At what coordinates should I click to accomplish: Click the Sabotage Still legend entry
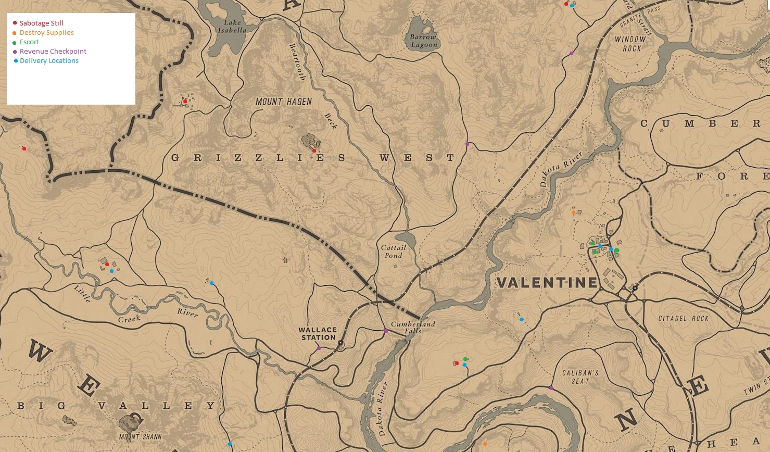41,23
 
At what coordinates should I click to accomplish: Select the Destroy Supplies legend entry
46,32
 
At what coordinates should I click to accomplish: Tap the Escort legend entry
29,42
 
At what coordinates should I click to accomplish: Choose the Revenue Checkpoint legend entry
53,51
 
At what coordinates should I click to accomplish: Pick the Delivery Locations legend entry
49,60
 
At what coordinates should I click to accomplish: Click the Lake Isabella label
232,26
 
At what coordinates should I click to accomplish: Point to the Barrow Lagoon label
423,41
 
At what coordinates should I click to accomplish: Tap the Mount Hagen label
284,102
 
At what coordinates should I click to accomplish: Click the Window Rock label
630,44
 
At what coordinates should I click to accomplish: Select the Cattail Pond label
394,252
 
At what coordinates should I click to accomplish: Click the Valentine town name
547,283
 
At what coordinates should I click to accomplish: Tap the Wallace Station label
318,333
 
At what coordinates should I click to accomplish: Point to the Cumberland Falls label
413,327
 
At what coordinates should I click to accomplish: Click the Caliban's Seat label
580,376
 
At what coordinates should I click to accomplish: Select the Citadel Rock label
683,318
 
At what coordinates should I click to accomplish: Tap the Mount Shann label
140,436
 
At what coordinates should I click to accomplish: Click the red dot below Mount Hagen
314,150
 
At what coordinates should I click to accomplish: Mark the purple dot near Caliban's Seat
551,388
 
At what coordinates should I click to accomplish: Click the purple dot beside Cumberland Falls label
386,331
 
